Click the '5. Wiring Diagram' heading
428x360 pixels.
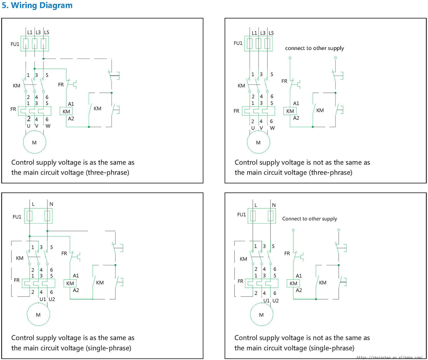click(x=37, y=5)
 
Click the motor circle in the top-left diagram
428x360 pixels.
click(x=34, y=142)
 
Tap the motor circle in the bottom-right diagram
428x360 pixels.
click(x=261, y=315)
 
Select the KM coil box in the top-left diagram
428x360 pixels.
click(x=66, y=111)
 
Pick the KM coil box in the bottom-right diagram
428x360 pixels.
click(x=293, y=283)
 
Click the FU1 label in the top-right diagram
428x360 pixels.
click(x=238, y=43)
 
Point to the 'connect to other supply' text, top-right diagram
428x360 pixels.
click(x=314, y=48)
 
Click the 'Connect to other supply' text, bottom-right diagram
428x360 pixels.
click(x=309, y=219)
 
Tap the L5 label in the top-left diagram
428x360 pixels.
click(x=47, y=33)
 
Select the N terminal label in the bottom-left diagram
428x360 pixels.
click(x=51, y=204)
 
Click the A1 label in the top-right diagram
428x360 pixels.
click(x=296, y=103)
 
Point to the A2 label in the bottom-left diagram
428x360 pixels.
click(x=76, y=290)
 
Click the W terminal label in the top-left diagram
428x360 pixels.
click(x=48, y=126)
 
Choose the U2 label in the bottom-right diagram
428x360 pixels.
click(x=276, y=301)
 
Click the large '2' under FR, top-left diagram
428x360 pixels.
click(x=29, y=119)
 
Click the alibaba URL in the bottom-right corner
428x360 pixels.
click(x=389, y=357)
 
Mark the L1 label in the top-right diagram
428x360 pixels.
click(x=255, y=33)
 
